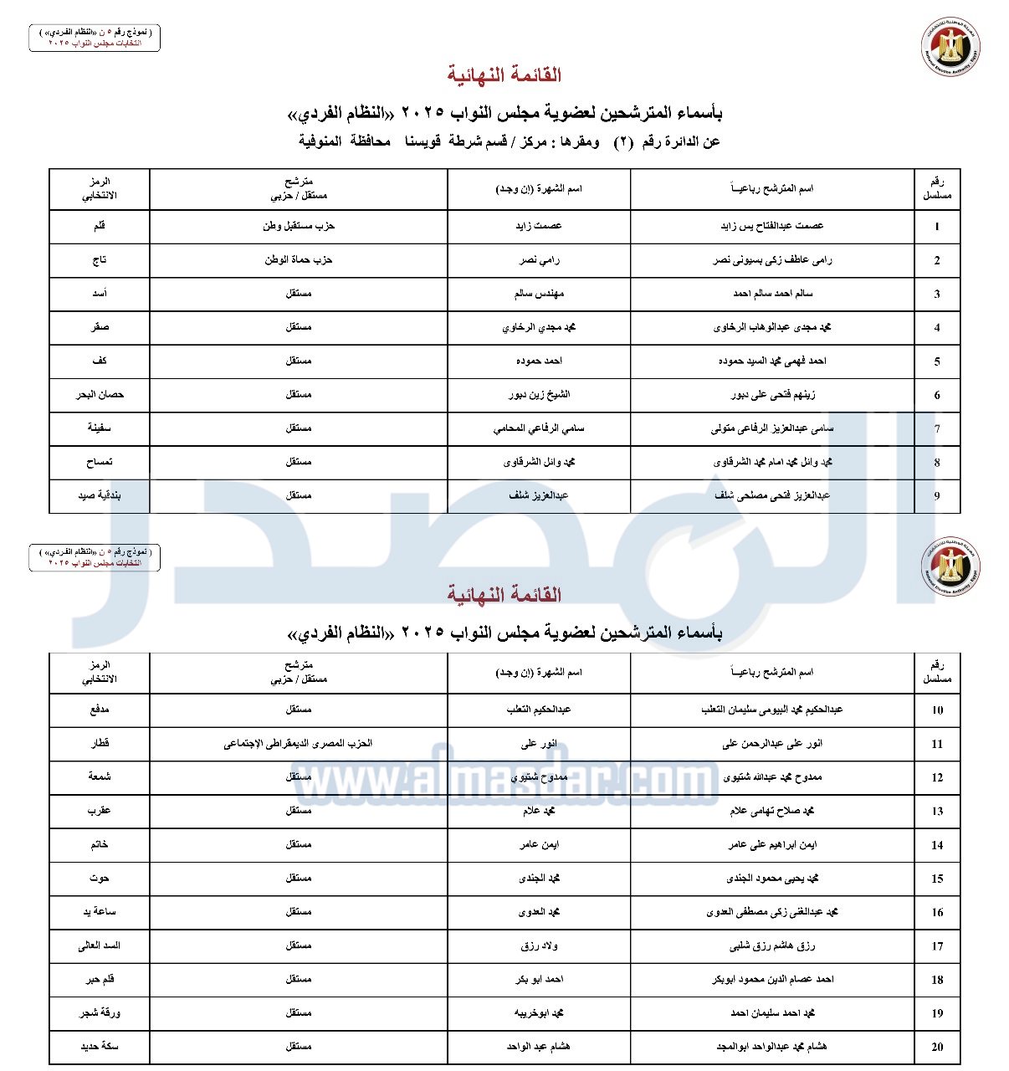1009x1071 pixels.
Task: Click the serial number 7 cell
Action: point(937,429)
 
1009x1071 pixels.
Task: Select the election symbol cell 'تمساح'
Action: point(100,462)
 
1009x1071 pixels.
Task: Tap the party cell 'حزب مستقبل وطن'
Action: point(299,226)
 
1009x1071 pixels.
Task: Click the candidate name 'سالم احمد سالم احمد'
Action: point(772,294)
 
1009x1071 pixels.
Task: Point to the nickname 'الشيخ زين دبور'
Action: point(539,394)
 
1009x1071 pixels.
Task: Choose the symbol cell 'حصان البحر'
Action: point(100,394)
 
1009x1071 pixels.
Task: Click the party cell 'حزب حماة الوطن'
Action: point(299,259)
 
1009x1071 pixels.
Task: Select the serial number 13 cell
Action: point(937,811)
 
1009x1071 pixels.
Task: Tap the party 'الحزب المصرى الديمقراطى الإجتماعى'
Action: point(298,743)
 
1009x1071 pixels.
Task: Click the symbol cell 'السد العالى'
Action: point(100,945)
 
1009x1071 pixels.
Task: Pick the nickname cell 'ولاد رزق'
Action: point(539,945)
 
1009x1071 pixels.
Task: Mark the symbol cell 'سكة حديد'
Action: point(100,1047)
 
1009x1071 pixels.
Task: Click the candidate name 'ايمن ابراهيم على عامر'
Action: point(772,844)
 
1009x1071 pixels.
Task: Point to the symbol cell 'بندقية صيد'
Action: point(100,495)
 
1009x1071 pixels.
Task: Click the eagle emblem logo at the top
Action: point(951,46)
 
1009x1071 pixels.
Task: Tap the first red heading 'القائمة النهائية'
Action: point(504,75)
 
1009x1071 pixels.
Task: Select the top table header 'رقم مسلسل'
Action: point(937,189)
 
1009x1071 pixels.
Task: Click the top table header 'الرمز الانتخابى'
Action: point(100,189)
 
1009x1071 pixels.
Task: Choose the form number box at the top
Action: point(95,38)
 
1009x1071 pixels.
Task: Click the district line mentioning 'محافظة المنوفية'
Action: point(509,141)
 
